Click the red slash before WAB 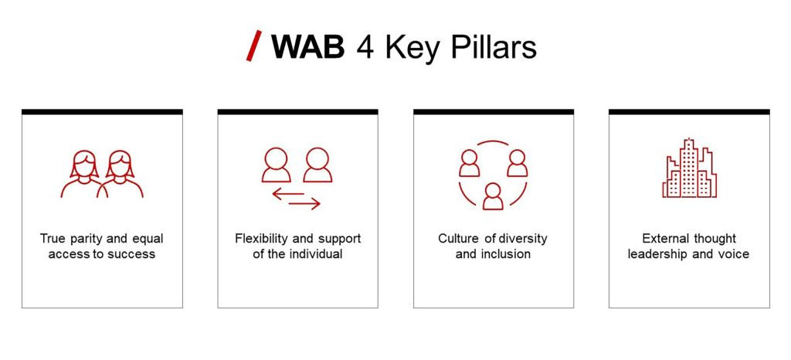(x=253, y=46)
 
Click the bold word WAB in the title (x=308, y=47)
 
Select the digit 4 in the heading (x=365, y=47)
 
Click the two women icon (x=102, y=174)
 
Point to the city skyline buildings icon (x=689, y=168)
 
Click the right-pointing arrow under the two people (x=304, y=204)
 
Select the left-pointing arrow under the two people (x=288, y=193)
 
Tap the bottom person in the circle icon (x=493, y=196)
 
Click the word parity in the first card (x=87, y=239)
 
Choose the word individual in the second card (x=316, y=253)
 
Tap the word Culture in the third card (x=457, y=239)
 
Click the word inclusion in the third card (x=507, y=253)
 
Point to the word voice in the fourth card (x=734, y=254)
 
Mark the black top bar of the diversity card (x=494, y=112)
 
